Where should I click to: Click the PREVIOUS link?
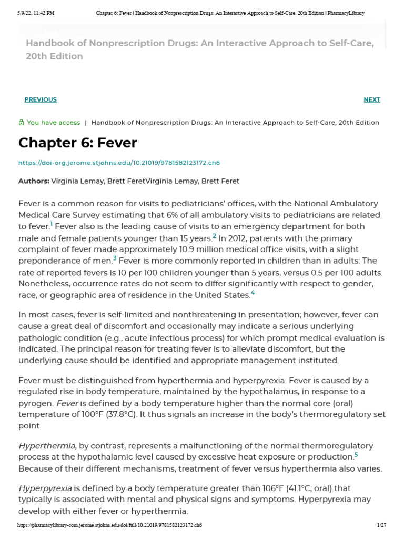coord(41,100)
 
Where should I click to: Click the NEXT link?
coord(371,100)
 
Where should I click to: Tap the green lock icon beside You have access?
coord(21,123)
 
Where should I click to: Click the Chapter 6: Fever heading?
coord(77,143)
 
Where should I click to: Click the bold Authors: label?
coord(34,181)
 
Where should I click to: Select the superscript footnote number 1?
coord(52,224)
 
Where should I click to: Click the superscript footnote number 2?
coord(214,235)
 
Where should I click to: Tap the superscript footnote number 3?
coord(115,258)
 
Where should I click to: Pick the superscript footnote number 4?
coord(252,293)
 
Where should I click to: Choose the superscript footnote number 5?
coord(356,454)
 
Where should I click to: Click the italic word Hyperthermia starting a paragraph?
coord(47,446)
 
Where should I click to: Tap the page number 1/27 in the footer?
coord(381,526)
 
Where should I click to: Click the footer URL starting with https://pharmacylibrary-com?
coord(109,526)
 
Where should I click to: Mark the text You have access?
coord(53,123)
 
